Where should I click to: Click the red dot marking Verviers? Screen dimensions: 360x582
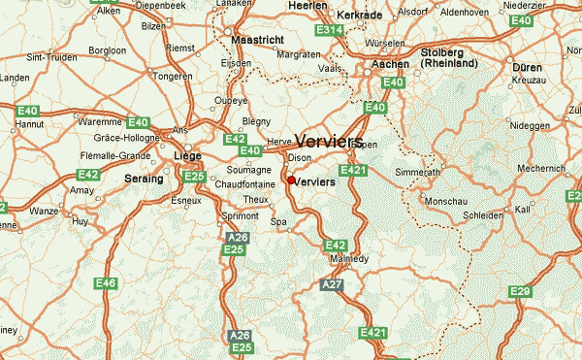tap(291, 180)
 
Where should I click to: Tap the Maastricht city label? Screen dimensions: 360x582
tap(259, 41)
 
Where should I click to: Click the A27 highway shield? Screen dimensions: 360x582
tap(333, 283)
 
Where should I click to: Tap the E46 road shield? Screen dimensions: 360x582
tap(106, 283)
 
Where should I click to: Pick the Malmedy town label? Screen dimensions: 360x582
tap(344, 260)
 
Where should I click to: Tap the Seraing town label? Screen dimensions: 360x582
tap(144, 180)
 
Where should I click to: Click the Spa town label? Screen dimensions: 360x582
tap(279, 222)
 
